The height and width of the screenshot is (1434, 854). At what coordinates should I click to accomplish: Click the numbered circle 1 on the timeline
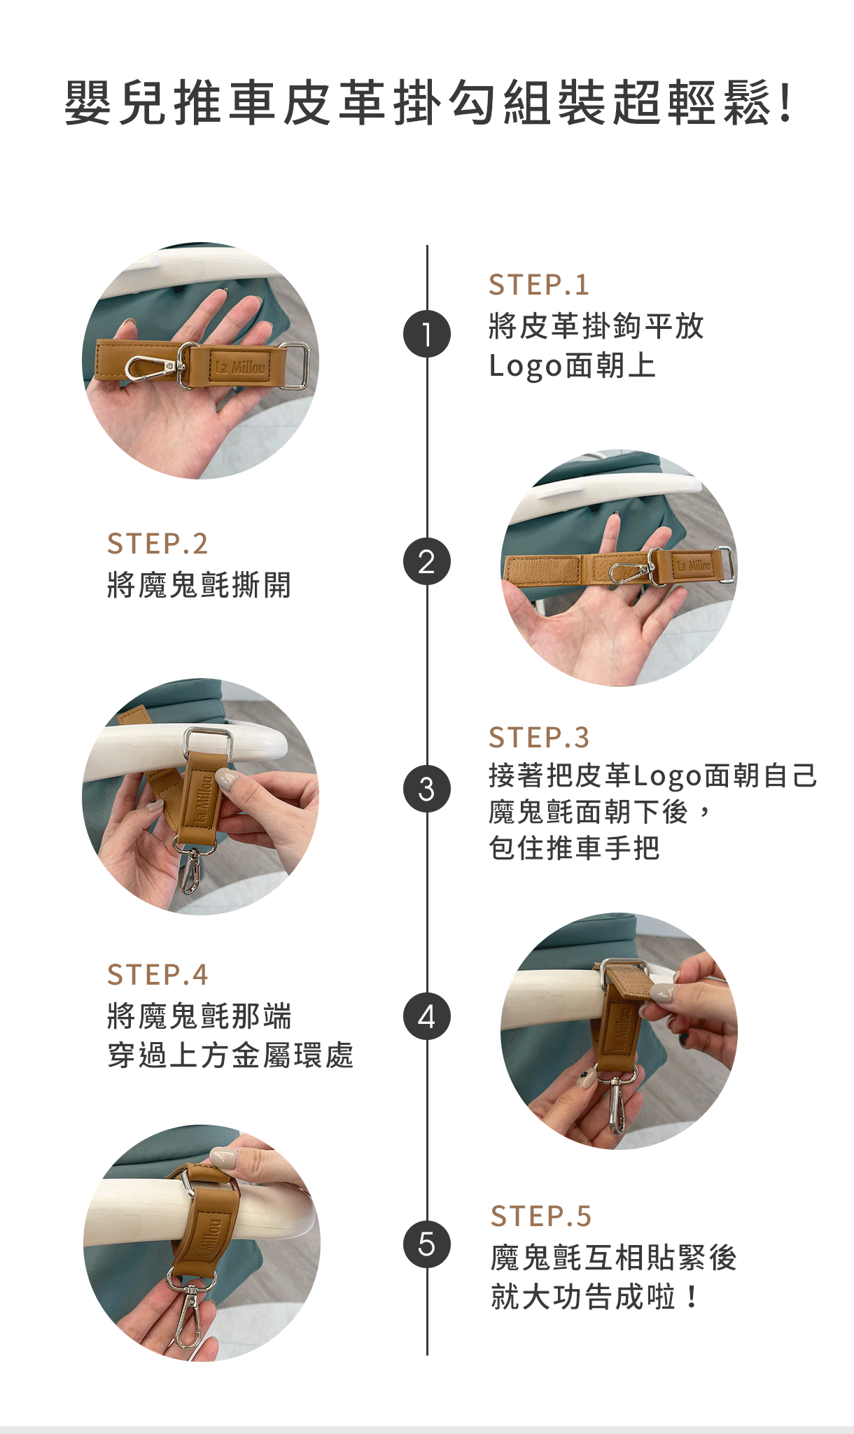[427, 334]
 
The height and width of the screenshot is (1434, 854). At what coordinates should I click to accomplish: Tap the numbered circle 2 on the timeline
[427, 561]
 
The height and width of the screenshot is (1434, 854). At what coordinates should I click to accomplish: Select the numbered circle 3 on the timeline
[427, 789]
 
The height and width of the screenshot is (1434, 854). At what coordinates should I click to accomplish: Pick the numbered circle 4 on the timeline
[427, 1016]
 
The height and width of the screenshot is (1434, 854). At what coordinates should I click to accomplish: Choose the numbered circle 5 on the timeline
[427, 1244]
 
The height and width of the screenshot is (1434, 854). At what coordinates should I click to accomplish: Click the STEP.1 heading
[539, 285]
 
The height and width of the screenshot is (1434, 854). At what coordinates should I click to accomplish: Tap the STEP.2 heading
[157, 544]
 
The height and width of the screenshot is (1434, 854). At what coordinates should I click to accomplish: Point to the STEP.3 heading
[539, 738]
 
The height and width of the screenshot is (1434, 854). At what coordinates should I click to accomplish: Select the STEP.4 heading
[157, 975]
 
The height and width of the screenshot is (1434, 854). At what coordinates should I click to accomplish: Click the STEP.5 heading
[541, 1216]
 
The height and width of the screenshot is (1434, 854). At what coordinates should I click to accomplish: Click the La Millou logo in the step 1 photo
[240, 367]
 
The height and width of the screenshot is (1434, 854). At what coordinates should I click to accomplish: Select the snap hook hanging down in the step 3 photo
[191, 868]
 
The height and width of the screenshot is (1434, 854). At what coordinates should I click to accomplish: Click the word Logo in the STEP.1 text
[526, 366]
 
